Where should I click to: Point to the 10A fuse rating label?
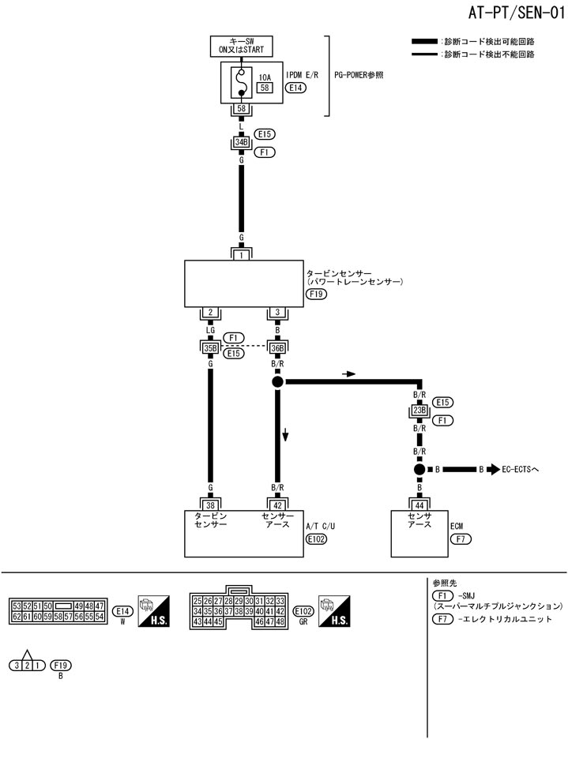point(265,78)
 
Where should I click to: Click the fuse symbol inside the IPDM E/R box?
point(241,83)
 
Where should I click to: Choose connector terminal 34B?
point(241,142)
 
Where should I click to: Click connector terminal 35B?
point(209,347)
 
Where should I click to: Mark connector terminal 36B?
point(278,347)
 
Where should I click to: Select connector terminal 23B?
point(419,411)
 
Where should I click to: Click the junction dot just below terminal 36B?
point(278,382)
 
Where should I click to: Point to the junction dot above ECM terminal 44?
point(419,469)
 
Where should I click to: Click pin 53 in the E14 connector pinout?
point(17,606)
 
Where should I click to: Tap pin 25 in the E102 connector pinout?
point(197,601)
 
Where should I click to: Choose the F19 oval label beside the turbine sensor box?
point(315,294)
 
